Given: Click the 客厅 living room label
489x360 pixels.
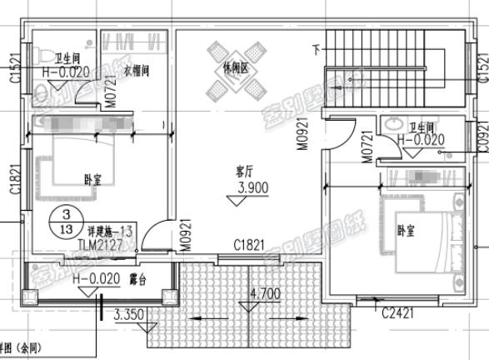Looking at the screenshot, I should point(243,172).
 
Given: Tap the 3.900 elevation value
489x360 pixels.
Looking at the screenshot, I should point(252,189).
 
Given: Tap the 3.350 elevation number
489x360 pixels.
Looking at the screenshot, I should point(129,315).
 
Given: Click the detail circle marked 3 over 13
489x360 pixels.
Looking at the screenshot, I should point(61,222).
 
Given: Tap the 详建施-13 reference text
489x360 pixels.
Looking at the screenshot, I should point(111,230).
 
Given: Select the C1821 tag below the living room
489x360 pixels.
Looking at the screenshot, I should point(248,244).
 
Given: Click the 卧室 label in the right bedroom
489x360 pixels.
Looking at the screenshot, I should point(406,229).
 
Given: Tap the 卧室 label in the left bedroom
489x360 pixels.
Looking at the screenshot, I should point(94,178).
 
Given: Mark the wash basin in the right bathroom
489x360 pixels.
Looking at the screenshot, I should point(393,126).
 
